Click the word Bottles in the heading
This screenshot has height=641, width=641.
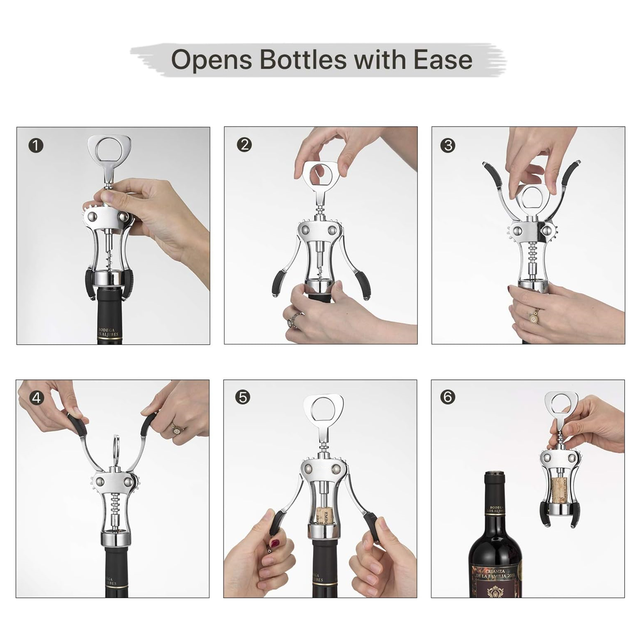tap(303, 60)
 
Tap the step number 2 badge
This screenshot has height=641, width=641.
tap(244, 145)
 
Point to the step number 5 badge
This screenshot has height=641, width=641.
tap(243, 397)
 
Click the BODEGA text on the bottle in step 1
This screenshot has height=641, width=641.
tap(107, 330)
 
